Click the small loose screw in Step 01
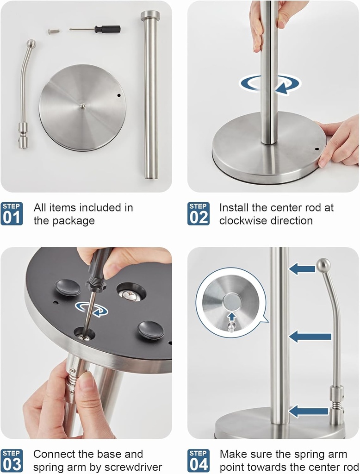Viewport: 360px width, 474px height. coord(54,31)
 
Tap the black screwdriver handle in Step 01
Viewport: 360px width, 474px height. coord(107,29)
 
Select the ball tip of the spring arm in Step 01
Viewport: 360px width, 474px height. coord(31,44)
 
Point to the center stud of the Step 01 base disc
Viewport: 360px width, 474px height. coord(82,106)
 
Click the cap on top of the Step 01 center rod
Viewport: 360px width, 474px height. coord(150,15)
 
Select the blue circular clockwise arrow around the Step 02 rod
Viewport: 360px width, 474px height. coord(270,84)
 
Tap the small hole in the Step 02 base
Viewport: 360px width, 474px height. coord(317,150)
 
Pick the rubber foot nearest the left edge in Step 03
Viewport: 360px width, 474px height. coord(68,287)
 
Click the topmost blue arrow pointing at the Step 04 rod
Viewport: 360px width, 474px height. coord(302,268)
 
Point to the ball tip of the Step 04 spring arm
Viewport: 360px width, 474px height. coord(323,265)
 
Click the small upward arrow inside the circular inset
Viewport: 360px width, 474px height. coord(230,317)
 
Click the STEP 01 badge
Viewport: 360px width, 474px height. coord(12,214)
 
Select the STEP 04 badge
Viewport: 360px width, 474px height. coord(199,460)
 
